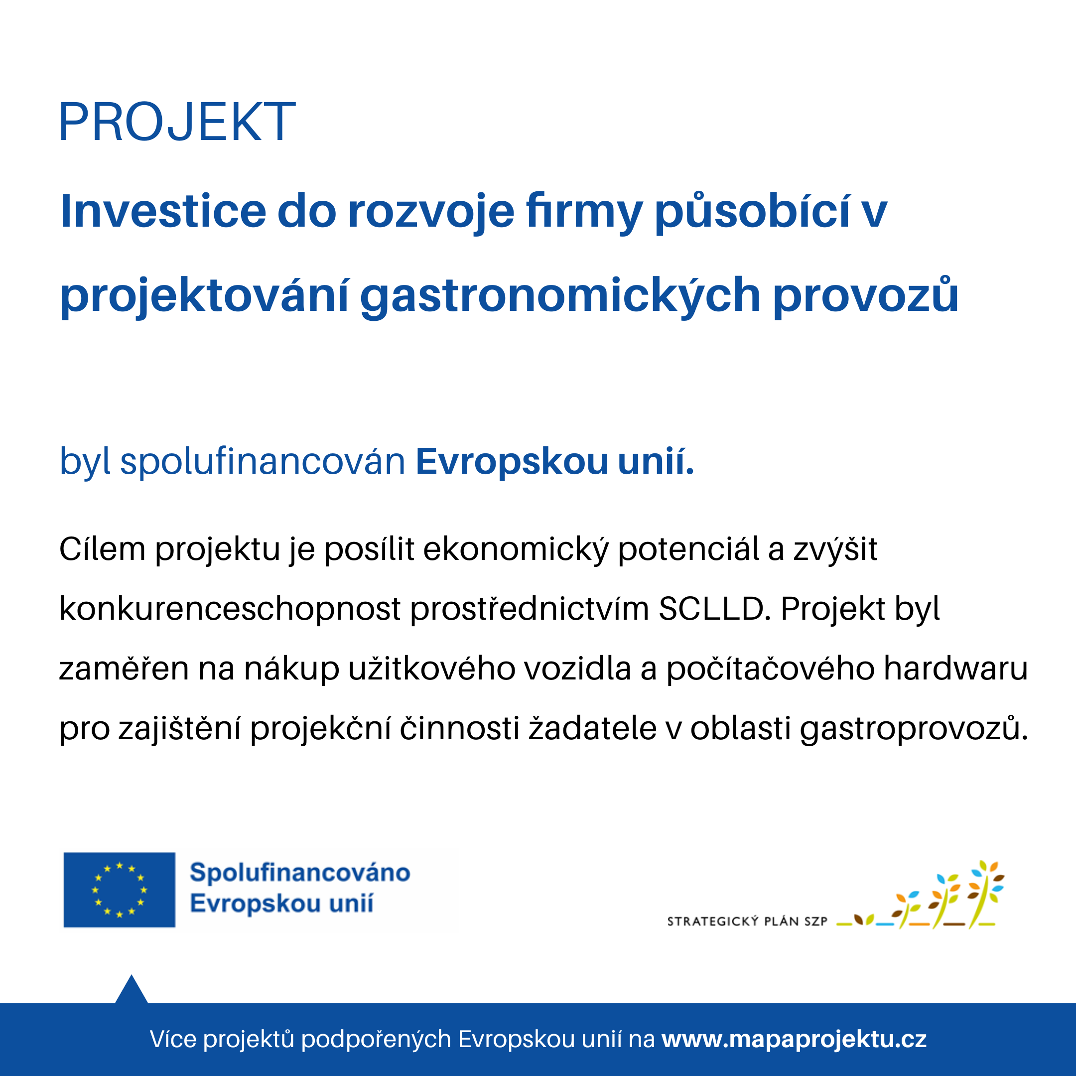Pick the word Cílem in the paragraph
pos(103,549)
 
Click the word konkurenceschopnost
pos(230,609)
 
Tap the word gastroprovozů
pos(914,728)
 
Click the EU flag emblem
pos(119,890)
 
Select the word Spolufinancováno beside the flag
pos(299,873)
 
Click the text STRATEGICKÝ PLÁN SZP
pos(747,922)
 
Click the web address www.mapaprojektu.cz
pos(794,1039)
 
